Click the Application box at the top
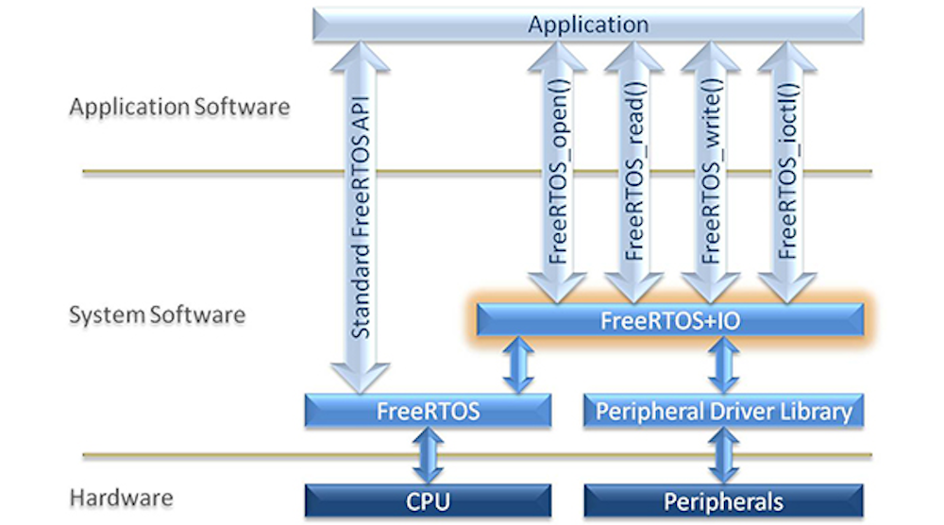coord(587,24)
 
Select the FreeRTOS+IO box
coord(669,320)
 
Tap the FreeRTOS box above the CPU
coord(428,411)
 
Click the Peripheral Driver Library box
coord(723,411)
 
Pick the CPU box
coord(428,500)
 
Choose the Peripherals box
coord(723,500)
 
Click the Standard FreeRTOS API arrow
coord(360,217)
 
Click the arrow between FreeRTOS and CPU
coord(428,456)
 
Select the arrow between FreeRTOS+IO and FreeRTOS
coord(518,365)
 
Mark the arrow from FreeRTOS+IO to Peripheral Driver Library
coord(723,365)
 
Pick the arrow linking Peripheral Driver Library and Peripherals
coord(723,456)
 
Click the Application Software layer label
coord(179,107)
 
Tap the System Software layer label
coord(157,314)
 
